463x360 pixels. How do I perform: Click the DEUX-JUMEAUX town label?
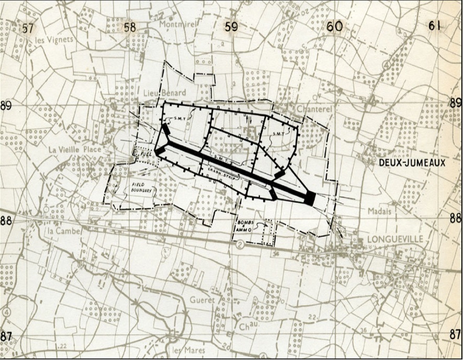pos(412,163)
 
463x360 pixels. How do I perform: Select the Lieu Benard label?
pos(164,93)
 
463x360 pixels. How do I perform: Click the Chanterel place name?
pos(314,108)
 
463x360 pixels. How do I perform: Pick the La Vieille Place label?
pos(74,149)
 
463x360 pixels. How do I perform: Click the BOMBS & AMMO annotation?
pos(245,226)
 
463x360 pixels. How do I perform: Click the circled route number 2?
pos(240,244)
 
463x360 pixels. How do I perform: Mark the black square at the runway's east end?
pos(309,198)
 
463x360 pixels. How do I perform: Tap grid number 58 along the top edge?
pos(129,27)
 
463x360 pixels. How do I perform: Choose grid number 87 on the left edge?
pos(6,336)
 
